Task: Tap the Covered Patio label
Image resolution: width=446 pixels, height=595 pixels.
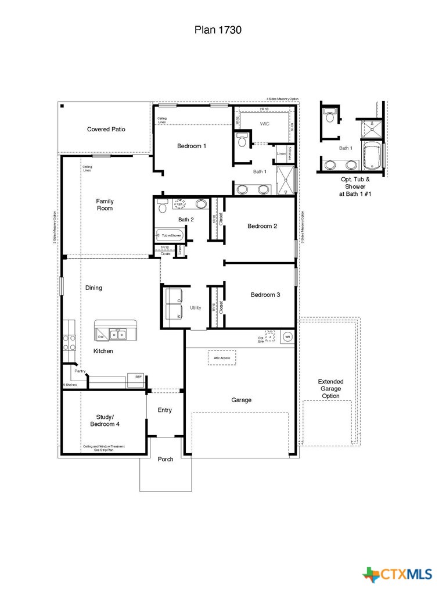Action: [106, 129]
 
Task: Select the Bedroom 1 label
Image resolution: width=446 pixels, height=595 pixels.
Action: [192, 146]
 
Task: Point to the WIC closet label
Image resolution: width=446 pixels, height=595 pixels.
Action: [265, 124]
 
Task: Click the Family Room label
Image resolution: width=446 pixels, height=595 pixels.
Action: [105, 205]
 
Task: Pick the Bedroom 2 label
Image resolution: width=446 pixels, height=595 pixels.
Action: [262, 226]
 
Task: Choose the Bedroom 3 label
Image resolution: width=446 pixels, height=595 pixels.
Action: [265, 295]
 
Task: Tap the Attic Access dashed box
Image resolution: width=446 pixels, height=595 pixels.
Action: [222, 358]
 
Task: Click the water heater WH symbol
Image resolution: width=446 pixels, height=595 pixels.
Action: [287, 337]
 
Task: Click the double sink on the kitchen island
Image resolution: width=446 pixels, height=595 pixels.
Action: [118, 334]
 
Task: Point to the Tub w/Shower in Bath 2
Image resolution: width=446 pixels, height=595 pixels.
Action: [169, 235]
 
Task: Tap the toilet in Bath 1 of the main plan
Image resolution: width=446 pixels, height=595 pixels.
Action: [242, 139]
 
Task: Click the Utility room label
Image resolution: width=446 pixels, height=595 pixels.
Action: [196, 307]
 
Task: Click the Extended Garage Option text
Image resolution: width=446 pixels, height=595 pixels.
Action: [330, 389]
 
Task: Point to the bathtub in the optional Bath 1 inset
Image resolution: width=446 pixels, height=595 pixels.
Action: [371, 156]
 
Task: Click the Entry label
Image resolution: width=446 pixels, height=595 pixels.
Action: [165, 410]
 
